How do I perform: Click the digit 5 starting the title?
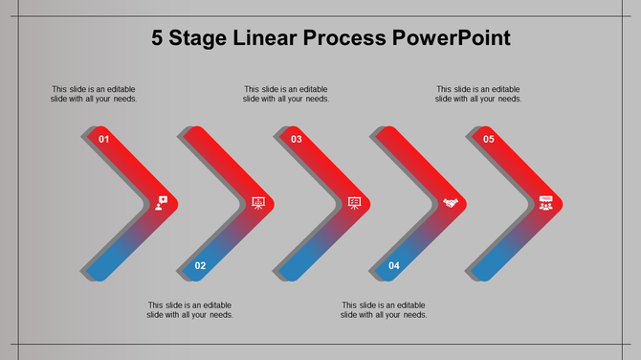click(x=158, y=38)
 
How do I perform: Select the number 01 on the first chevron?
click(x=104, y=140)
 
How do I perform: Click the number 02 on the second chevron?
click(x=200, y=265)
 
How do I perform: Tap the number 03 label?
click(x=297, y=140)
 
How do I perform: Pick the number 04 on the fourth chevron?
click(x=393, y=265)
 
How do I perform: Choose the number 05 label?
click(x=489, y=140)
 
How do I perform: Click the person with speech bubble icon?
click(x=162, y=203)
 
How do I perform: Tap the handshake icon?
click(x=451, y=203)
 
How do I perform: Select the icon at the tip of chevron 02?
click(x=257, y=203)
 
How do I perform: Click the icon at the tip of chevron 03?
click(x=354, y=203)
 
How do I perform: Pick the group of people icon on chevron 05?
click(x=546, y=203)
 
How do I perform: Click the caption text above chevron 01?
click(x=94, y=94)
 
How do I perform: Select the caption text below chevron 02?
click(x=190, y=309)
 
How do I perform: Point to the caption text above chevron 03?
click(x=286, y=94)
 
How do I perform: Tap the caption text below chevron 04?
click(x=384, y=309)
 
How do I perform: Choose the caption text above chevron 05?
click(x=478, y=94)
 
